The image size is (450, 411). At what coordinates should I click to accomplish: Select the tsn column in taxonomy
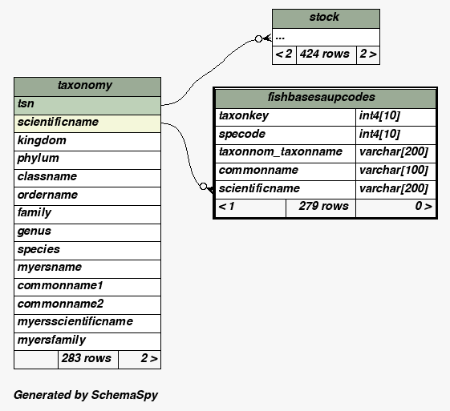pos(87,106)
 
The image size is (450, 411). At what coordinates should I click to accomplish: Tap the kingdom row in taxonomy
pos(87,142)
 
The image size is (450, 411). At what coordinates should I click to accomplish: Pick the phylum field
pos(87,159)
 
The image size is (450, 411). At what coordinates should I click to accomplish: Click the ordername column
pos(87,196)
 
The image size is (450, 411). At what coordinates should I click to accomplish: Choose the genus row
pos(87,232)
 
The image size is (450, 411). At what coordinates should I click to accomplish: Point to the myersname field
pos(87,269)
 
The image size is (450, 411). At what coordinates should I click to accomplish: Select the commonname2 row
pos(87,305)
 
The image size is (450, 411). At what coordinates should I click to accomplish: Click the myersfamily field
pos(87,341)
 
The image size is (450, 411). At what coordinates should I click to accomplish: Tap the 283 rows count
pos(87,358)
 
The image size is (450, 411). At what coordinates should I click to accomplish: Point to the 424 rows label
pos(325,54)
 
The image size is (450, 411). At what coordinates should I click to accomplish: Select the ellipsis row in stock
pos(326,37)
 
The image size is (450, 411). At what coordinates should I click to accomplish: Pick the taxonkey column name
pos(244,116)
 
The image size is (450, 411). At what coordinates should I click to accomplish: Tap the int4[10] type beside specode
pos(379,134)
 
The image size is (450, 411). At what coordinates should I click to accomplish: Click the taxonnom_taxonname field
pos(281,152)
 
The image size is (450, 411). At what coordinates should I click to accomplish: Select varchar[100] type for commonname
pos(394,171)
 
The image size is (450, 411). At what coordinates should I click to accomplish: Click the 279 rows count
pos(324,206)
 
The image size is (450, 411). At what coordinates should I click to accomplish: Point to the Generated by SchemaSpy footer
pos(86,395)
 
